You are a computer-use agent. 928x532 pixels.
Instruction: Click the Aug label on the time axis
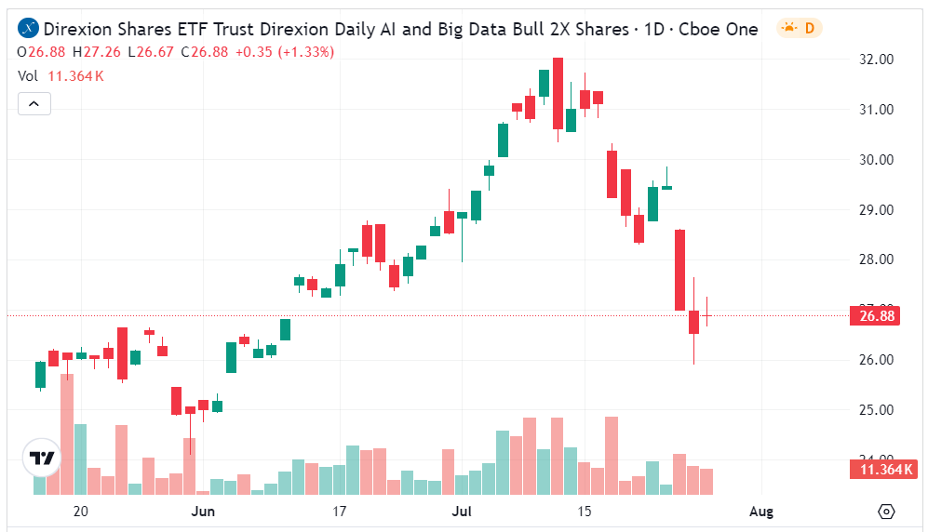[761, 512]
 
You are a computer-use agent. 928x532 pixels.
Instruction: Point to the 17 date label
[339, 512]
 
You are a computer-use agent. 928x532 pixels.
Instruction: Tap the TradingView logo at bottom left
[42, 458]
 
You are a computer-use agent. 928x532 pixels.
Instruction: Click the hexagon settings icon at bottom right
[886, 512]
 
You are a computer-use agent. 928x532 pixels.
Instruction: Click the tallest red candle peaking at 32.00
[558, 93]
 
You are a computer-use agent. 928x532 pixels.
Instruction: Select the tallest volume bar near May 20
[67, 433]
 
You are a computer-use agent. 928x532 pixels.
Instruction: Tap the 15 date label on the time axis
[585, 512]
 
